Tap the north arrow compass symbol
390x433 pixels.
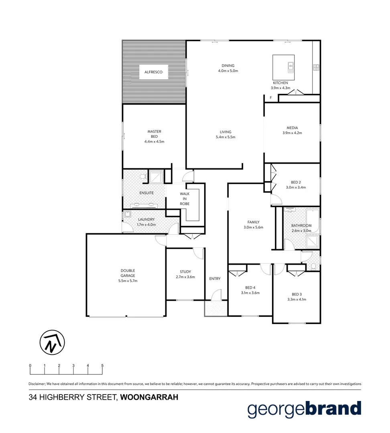point(52,343)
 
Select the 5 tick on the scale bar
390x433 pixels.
point(102,366)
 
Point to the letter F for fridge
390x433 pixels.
point(271,97)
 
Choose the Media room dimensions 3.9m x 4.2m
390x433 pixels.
point(292,133)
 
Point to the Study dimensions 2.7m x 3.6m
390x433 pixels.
point(185,277)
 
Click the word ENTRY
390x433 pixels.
point(215,279)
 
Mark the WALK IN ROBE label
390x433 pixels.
point(185,198)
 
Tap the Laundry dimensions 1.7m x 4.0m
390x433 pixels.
point(146,225)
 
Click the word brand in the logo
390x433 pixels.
point(333,409)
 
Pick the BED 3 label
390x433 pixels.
point(297,293)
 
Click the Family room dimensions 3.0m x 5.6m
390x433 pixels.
point(253,227)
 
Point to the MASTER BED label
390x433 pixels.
point(154,134)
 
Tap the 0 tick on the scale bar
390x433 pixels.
point(30,366)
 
